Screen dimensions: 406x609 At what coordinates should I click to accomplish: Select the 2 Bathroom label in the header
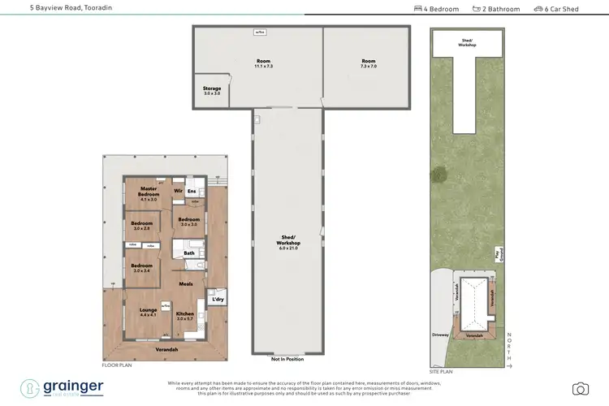(x=500, y=9)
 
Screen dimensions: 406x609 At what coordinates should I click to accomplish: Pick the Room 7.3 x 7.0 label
(x=369, y=63)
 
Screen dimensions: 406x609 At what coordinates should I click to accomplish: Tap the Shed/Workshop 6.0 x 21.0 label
(x=289, y=241)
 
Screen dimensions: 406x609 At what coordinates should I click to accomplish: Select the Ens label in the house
(x=192, y=192)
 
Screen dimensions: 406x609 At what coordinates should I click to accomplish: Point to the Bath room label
(x=189, y=253)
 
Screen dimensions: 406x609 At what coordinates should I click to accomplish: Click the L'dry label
(x=217, y=300)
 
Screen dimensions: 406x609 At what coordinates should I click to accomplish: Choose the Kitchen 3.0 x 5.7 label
(x=186, y=314)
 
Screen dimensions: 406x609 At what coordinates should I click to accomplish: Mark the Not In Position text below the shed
(x=288, y=359)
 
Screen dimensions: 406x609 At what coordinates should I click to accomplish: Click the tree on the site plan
(x=440, y=174)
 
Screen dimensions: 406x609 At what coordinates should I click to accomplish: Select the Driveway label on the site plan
(x=442, y=332)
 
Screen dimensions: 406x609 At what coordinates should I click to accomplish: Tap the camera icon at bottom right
(x=580, y=388)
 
